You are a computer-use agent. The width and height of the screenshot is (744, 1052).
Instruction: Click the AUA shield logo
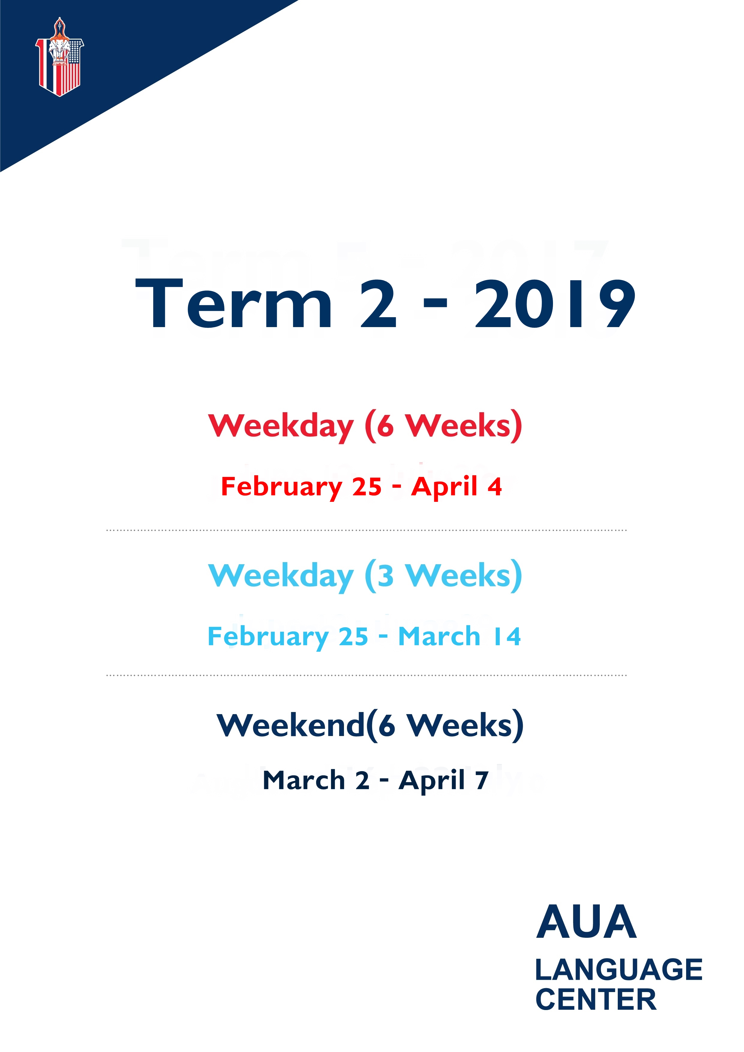60,57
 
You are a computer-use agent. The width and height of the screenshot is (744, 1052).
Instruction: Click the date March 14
460,636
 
